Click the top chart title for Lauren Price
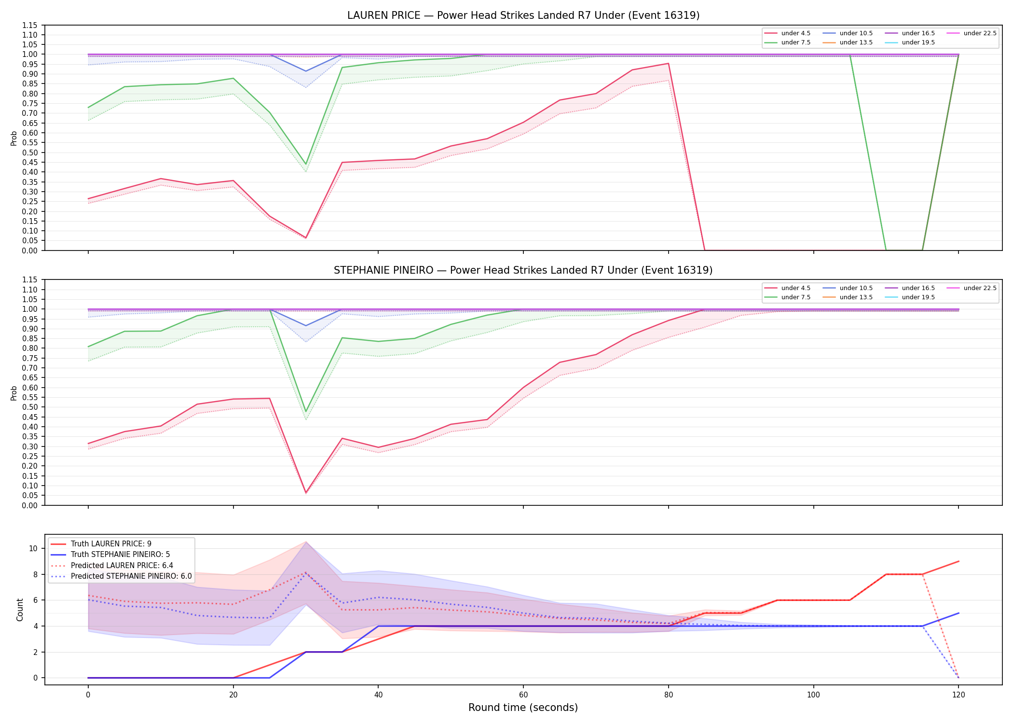pos(523,15)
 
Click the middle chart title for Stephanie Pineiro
pos(523,270)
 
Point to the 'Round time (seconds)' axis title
pos(523,708)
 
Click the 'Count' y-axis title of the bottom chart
pos(20,610)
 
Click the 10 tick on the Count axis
pos(33,548)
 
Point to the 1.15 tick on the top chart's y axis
pos(30,25)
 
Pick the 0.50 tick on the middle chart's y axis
pos(30,407)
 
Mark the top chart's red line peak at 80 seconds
pos(668,63)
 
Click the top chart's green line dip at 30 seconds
pos(306,164)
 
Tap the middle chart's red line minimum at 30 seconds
pos(306,493)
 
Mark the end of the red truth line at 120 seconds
pos(958,561)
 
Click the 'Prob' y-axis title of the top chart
pos(14,138)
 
